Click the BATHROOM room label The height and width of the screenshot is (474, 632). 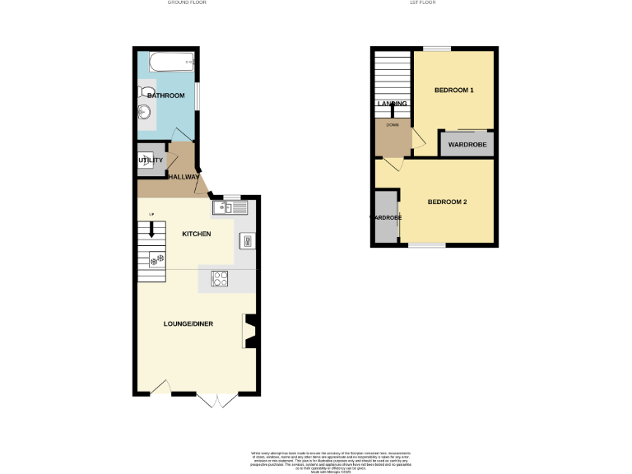[166, 96]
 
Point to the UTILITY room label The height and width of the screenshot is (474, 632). [151, 160]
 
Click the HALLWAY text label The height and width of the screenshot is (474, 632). [184, 176]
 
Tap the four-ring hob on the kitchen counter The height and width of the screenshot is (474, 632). [220, 279]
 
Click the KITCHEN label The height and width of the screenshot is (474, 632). [197, 235]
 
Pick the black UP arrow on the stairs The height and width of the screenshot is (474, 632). [151, 230]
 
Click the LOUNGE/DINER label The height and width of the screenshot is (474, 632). [188, 324]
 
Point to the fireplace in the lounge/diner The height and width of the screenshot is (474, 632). [249, 331]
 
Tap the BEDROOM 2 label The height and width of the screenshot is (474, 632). [447, 202]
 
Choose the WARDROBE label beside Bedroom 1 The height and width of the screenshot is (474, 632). [467, 145]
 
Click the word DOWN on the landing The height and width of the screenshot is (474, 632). [392, 125]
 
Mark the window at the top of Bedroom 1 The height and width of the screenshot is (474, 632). [443, 49]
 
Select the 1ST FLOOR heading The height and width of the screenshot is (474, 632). [421, 3]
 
